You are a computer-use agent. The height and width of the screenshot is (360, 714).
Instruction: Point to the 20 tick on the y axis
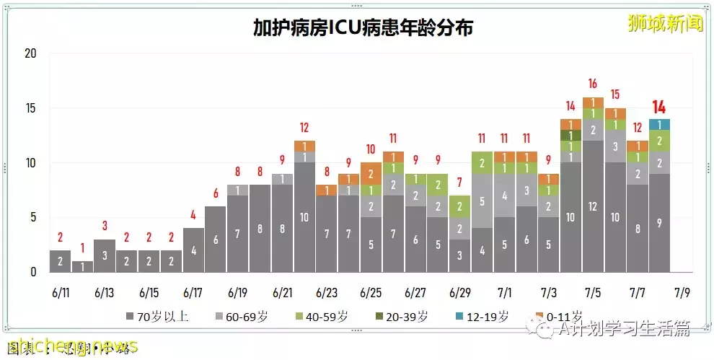coord(30,53)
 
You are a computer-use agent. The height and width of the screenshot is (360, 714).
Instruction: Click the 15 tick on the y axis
coord(30,108)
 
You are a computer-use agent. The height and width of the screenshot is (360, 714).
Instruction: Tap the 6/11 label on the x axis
coord(61,293)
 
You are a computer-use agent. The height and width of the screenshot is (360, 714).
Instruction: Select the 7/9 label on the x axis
coord(681,293)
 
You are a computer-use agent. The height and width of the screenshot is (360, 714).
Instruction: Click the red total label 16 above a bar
coord(593,83)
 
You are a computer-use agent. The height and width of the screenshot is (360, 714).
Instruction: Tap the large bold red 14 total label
coord(658,107)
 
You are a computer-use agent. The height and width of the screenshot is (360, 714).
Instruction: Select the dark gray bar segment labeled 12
coord(593,206)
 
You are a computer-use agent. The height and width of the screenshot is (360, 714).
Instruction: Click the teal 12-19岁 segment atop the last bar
coord(659,124)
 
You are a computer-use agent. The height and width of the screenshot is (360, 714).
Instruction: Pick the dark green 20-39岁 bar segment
coord(570,135)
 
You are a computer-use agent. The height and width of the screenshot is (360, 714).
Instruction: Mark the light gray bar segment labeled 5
coord(482,201)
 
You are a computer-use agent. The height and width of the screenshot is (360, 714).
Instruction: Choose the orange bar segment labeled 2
coord(371,174)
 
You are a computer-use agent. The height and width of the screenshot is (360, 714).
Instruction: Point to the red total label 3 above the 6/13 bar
coord(105,226)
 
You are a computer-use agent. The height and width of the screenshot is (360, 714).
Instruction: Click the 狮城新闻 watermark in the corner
coord(664,23)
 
